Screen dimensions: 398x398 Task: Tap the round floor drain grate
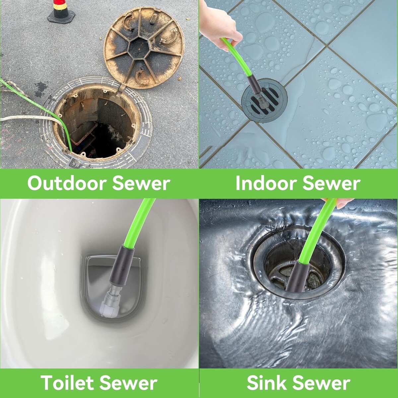(264, 103)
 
